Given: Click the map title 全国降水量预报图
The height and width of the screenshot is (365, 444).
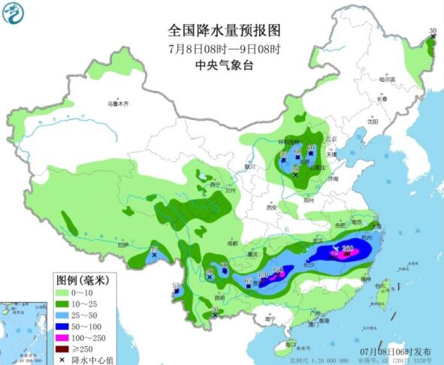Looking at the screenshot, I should (x=223, y=31).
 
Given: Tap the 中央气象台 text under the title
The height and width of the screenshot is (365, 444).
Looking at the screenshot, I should (x=223, y=65).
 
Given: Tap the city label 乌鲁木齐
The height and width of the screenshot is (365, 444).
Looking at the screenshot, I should (x=118, y=103).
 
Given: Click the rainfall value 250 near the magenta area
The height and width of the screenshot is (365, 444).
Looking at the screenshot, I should (x=348, y=249).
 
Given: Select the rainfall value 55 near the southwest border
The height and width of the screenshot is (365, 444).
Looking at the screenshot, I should (x=176, y=285).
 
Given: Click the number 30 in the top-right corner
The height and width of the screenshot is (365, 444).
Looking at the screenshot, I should (x=432, y=31).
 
